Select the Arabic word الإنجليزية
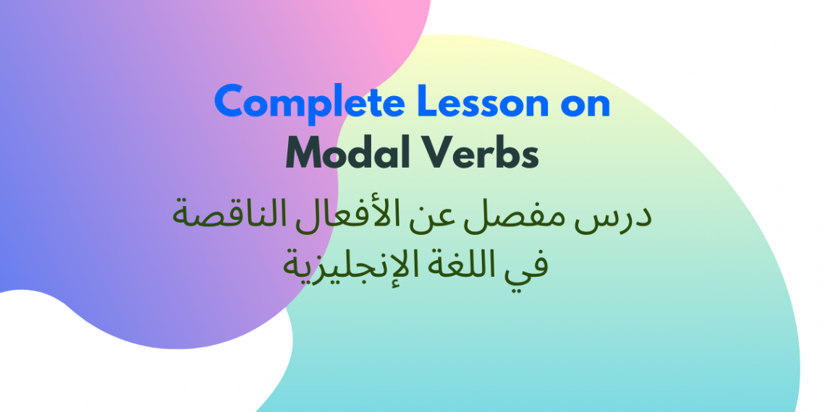(348, 266)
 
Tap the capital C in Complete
(229, 103)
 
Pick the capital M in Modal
(304, 153)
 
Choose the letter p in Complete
(321, 106)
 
